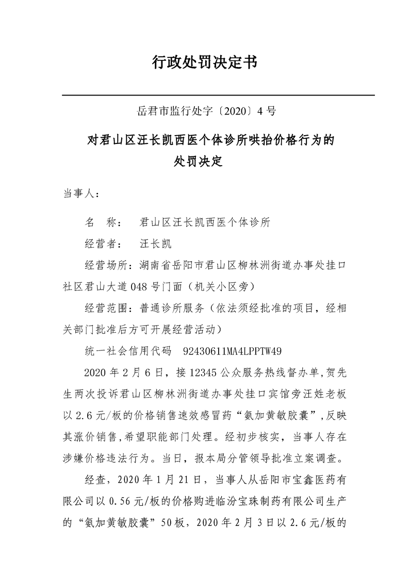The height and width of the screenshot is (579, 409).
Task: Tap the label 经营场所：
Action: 111,265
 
